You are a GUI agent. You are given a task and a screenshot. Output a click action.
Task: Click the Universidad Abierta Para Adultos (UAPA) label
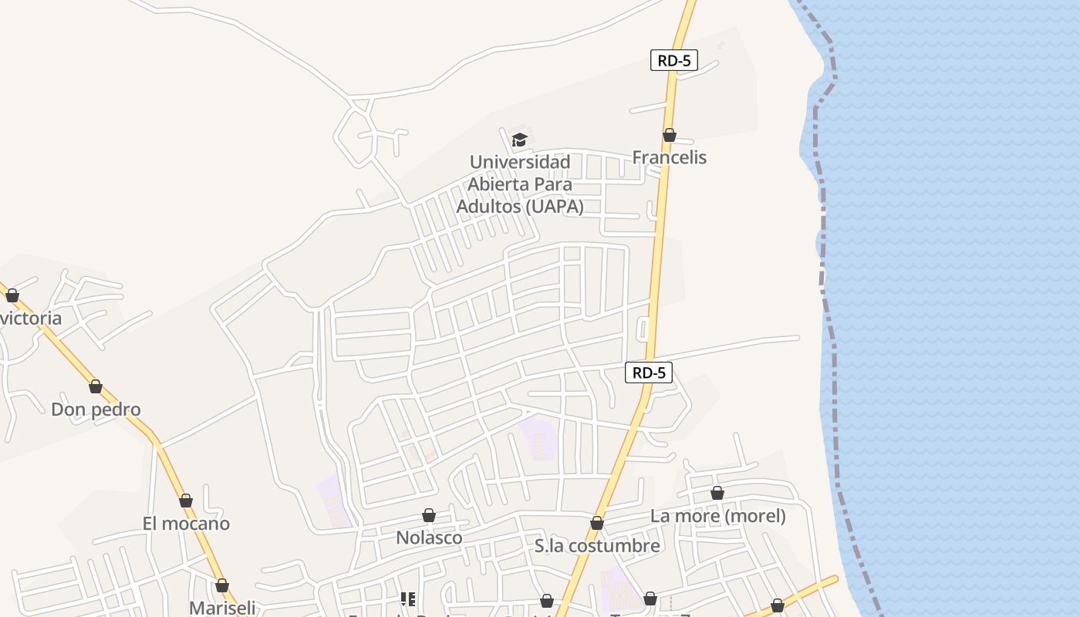point(520,184)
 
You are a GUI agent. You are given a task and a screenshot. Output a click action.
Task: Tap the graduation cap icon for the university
point(519,140)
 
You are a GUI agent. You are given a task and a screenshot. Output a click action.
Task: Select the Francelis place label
point(669,157)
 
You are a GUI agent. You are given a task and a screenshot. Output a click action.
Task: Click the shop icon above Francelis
point(670,135)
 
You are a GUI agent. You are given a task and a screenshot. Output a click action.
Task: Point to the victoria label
point(31,319)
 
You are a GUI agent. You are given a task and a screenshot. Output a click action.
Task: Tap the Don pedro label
point(96,410)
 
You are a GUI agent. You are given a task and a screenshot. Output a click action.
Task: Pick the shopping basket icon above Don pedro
point(96,386)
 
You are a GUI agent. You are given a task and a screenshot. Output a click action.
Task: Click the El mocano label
point(186,524)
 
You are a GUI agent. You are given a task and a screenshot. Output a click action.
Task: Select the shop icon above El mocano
point(186,501)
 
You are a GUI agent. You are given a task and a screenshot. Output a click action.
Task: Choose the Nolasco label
point(429,538)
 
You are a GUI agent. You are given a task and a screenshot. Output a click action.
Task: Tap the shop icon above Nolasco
point(429,515)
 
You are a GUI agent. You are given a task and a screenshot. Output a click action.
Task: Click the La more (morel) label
point(717,516)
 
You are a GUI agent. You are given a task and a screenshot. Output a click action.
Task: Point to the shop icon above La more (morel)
point(717,493)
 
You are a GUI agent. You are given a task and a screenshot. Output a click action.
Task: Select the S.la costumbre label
point(597,546)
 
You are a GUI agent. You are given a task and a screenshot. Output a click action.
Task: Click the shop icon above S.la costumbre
point(596,523)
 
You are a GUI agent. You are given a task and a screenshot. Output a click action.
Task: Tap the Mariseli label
point(222,608)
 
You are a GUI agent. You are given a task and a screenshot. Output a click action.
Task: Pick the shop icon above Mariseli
point(222,585)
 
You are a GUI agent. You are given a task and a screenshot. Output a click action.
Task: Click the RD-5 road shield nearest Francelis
point(674,61)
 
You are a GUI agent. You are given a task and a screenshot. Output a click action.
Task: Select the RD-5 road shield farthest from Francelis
point(649,373)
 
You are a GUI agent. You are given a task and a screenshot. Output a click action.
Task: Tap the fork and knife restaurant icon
point(408,598)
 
